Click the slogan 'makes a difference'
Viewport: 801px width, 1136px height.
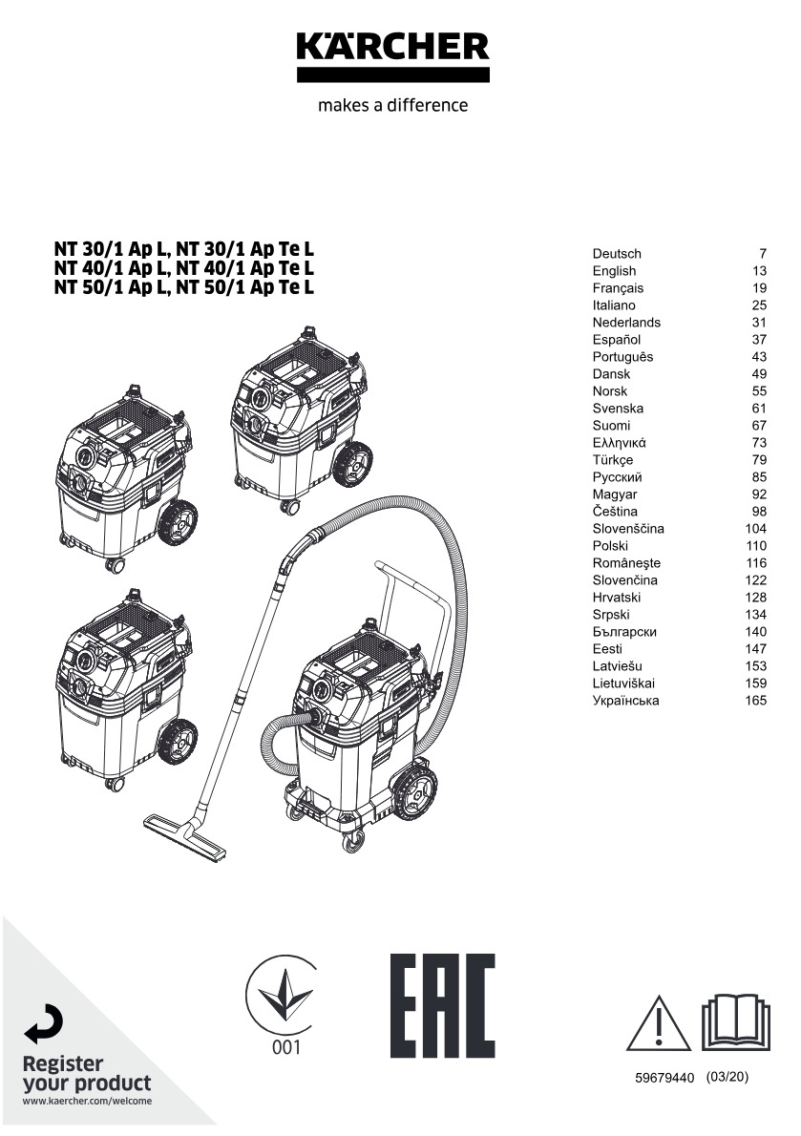coord(392,105)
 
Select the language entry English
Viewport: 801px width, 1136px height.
coord(614,271)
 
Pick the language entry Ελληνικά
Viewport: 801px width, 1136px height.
coord(620,443)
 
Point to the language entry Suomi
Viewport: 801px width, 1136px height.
coord(611,426)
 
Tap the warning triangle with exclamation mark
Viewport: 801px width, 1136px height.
coord(659,1022)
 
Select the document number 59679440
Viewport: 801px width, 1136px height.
coord(665,1078)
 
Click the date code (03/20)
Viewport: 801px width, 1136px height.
coord(727,1077)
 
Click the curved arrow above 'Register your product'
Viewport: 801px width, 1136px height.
coord(44,1027)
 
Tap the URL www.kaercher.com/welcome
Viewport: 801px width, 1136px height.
coord(87,1101)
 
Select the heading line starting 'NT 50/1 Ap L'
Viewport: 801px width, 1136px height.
coord(183,286)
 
